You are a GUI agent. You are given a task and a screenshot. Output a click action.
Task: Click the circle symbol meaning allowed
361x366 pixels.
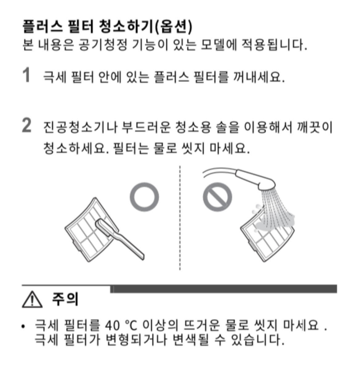pos(144,197)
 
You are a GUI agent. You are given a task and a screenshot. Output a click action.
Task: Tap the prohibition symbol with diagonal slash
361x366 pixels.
pos(218,197)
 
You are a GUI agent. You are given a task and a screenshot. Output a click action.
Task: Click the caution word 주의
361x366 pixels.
pos(65,299)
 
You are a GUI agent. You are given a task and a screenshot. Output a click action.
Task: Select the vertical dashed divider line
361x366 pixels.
pos(180,218)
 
